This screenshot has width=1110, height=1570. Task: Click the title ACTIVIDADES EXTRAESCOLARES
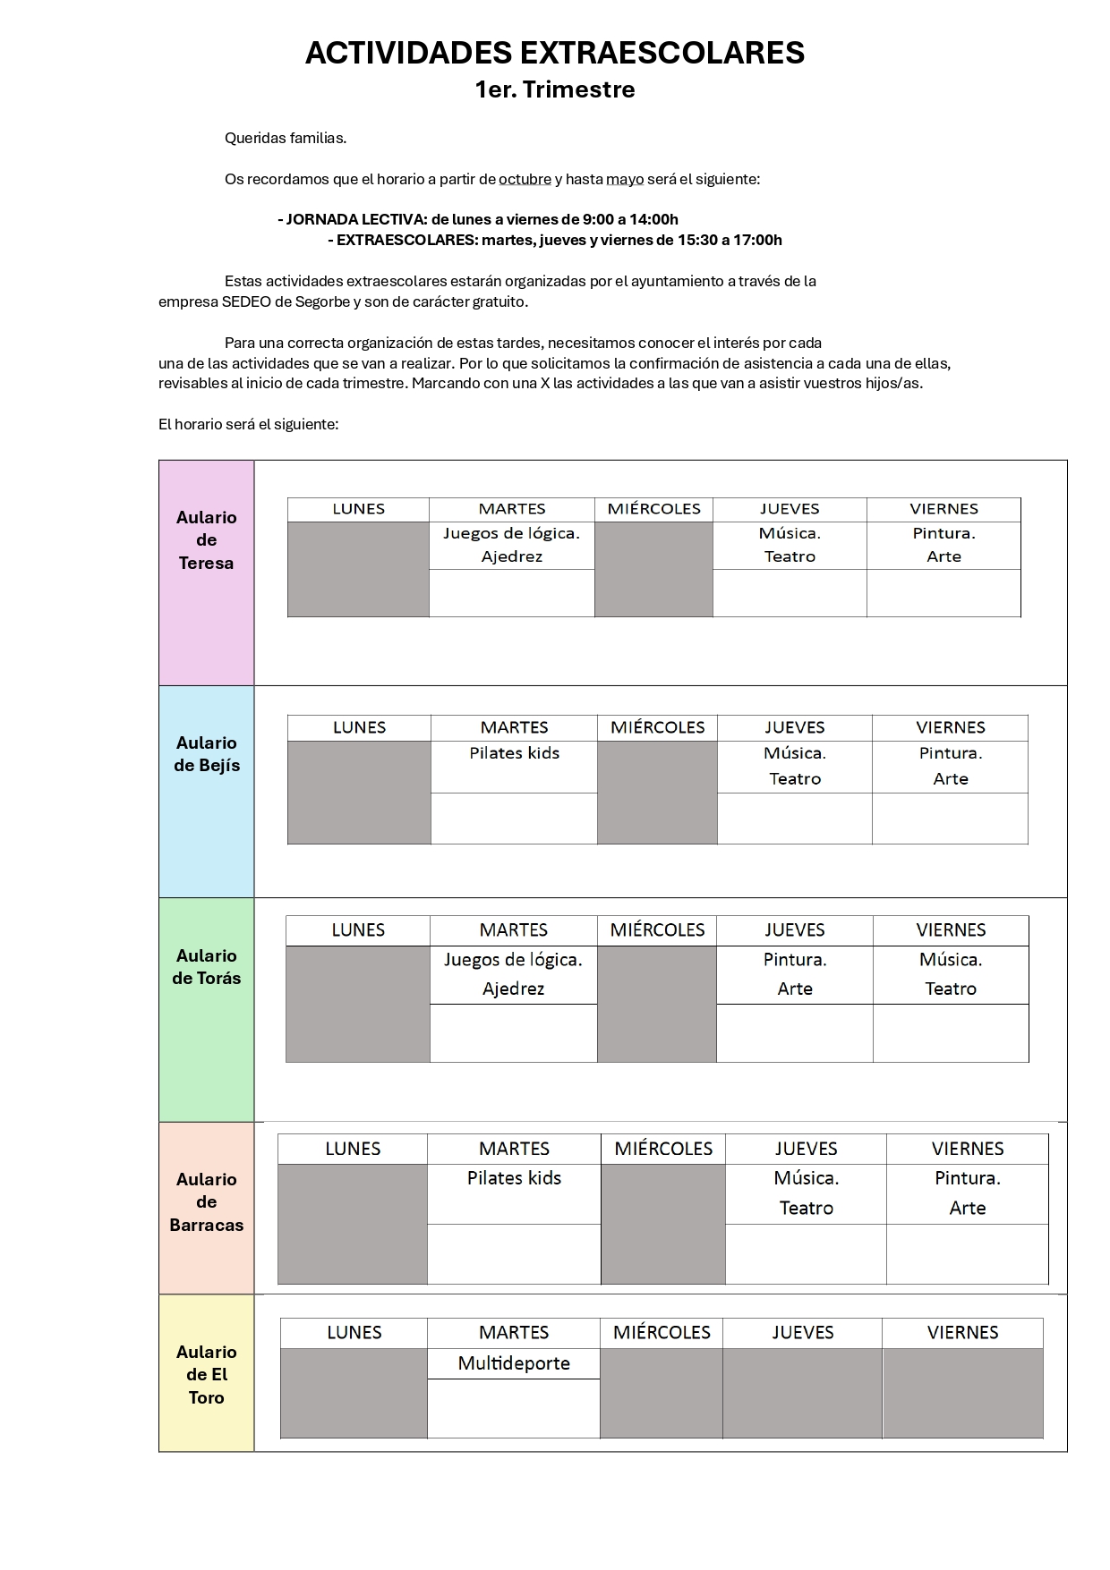[x=554, y=53]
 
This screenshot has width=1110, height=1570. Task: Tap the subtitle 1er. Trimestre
[x=554, y=89]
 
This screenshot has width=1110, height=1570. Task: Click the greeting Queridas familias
[x=285, y=138]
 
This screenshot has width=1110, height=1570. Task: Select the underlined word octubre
[x=525, y=179]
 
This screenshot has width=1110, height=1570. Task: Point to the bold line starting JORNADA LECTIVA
[x=479, y=219]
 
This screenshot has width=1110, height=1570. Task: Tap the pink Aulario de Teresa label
[x=206, y=540]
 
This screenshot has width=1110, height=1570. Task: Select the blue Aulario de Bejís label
[x=206, y=754]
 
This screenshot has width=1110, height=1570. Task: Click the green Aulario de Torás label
[x=206, y=967]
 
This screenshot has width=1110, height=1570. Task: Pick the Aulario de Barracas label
[x=206, y=1202]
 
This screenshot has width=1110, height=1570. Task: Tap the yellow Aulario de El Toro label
[x=206, y=1375]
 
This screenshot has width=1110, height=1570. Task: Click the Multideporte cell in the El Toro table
[x=514, y=1363]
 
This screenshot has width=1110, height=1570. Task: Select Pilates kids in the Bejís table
[x=514, y=753]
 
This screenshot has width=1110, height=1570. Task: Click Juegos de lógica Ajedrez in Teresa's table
[x=512, y=545]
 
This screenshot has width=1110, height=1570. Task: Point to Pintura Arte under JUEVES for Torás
[x=795, y=974]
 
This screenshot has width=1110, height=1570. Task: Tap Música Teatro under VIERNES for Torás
[x=951, y=974]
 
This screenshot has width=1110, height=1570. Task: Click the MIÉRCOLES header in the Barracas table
[x=663, y=1149]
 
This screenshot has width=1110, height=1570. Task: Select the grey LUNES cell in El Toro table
[x=354, y=1393]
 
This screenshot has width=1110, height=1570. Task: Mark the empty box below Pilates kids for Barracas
[x=514, y=1254]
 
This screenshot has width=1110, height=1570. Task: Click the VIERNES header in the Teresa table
[x=943, y=509]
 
